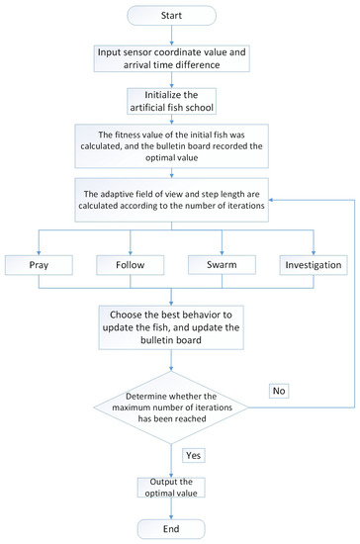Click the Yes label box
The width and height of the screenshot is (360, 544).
coord(194,454)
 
